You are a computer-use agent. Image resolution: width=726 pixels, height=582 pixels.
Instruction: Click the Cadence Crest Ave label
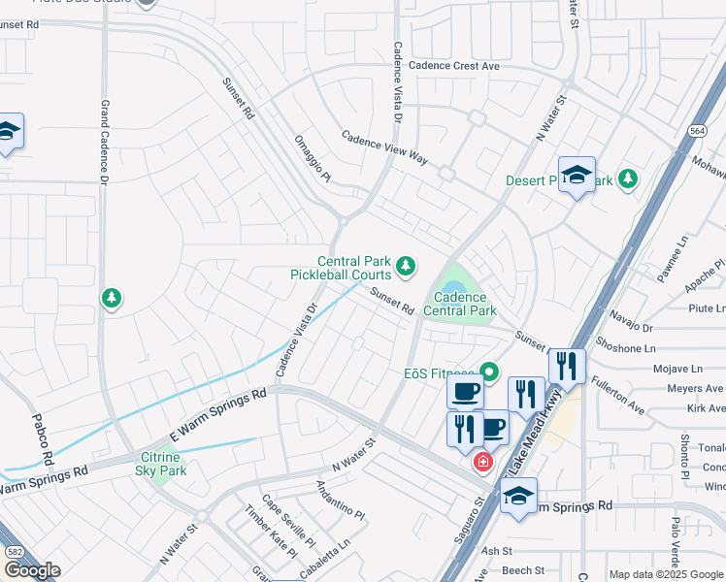pos(453,66)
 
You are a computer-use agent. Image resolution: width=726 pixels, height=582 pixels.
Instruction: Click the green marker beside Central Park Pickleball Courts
pos(406,265)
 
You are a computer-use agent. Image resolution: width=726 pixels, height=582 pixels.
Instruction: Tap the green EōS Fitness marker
pos(490,371)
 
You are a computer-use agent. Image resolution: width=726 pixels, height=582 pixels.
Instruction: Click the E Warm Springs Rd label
pos(217,416)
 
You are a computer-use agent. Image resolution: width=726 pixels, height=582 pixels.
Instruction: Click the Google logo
pos(31,570)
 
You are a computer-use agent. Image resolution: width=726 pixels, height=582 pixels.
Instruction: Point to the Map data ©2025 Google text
pos(666,574)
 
